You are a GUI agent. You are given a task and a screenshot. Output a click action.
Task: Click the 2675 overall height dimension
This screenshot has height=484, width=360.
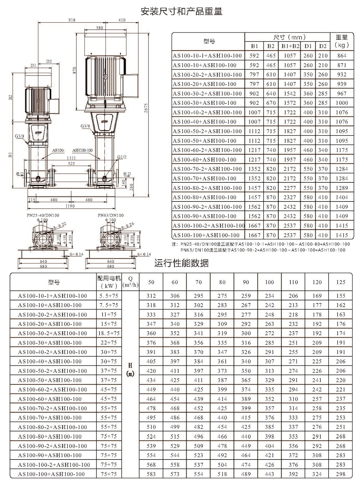click(146, 108)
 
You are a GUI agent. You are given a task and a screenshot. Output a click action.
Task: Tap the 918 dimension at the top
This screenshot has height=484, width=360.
click(72, 20)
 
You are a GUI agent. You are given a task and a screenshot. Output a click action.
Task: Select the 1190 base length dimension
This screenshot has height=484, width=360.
click(70, 206)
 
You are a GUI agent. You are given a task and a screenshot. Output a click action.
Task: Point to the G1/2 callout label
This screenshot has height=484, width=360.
click(122, 157)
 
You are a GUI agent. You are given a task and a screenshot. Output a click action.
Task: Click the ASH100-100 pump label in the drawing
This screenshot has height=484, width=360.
click(83, 150)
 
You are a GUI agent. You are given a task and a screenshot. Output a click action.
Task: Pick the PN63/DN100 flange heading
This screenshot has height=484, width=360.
click(111, 215)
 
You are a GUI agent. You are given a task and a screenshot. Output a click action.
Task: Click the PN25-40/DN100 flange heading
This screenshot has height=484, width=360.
click(43, 215)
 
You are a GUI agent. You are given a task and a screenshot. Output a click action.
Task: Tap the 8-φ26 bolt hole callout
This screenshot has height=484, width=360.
click(127, 225)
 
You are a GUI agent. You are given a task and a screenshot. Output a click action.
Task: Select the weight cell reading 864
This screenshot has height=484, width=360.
click(342, 56)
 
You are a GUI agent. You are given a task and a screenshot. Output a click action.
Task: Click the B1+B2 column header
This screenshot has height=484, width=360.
click(290, 46)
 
